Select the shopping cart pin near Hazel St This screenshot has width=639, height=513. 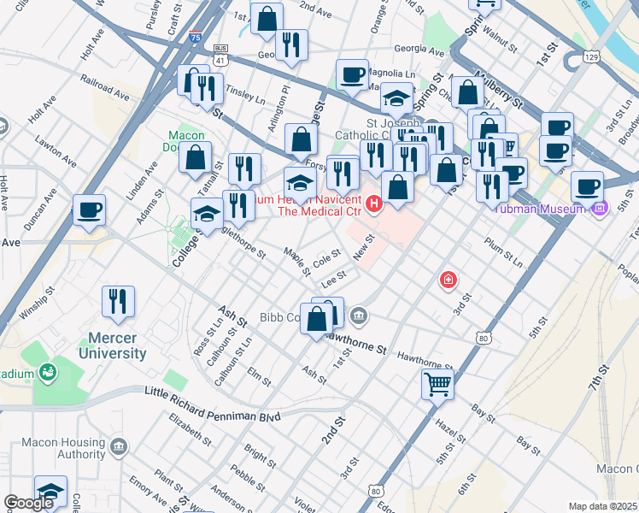[x=437, y=385]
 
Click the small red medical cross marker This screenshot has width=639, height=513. [x=447, y=280]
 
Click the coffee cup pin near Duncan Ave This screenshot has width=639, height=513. [x=89, y=209]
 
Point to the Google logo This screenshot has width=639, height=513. [x=29, y=503]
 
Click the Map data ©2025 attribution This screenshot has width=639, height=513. [x=602, y=506]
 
